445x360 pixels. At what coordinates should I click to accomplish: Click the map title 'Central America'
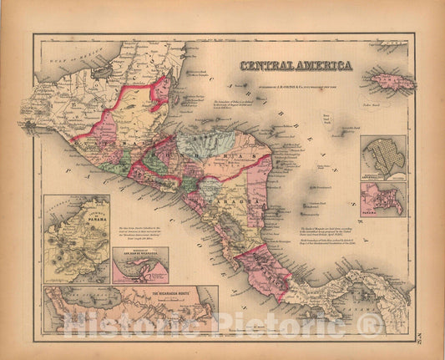296,65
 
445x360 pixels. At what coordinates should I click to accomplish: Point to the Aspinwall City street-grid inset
385,155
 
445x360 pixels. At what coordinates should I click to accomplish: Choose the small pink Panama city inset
384,200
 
